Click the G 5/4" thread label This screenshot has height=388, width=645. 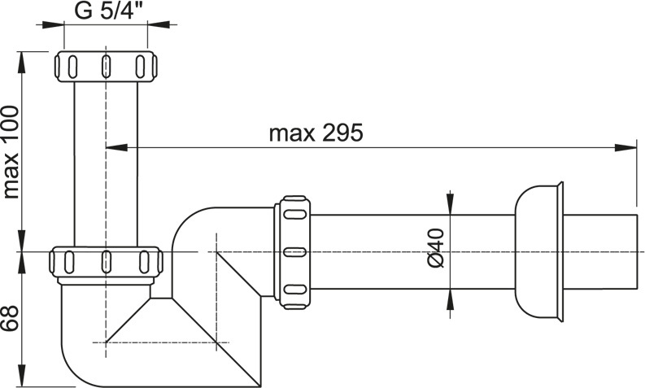[106, 11]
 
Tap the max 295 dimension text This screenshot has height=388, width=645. [316, 133]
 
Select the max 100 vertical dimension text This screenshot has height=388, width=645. [11, 152]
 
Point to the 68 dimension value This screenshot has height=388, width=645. [10, 319]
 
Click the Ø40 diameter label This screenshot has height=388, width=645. [436, 248]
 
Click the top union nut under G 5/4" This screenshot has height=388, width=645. [106, 66]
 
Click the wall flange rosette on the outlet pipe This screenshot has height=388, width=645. [539, 252]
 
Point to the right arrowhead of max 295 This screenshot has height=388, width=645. [625, 147]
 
